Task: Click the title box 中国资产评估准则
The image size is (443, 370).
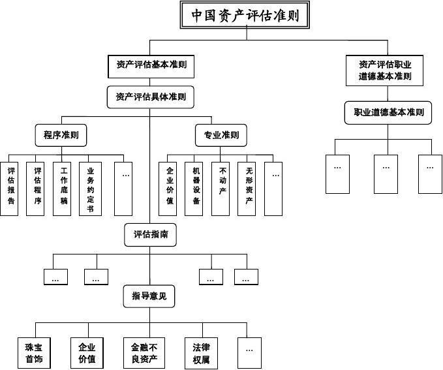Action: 245,15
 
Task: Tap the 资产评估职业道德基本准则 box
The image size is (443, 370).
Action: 385,70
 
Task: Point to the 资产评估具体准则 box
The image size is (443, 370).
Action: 151,97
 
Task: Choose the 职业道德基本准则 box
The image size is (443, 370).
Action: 388,112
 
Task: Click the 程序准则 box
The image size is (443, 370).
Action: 61,136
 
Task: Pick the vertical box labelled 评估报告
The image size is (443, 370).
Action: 10,188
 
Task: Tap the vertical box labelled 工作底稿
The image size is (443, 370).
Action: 64,188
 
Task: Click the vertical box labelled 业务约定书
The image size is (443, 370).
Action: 90,188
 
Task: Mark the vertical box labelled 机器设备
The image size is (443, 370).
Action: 196,188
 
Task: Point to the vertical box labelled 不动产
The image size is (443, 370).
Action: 222,188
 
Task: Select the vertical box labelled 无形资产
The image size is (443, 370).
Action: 249,188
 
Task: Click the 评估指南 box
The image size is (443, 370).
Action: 151,234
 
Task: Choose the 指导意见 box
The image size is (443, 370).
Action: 149,297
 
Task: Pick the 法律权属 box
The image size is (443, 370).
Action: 200,353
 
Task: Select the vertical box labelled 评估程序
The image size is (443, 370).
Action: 38,188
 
